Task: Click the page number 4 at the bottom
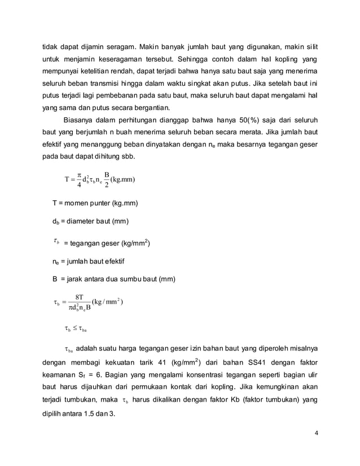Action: pyautogui.click(x=316, y=433)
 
